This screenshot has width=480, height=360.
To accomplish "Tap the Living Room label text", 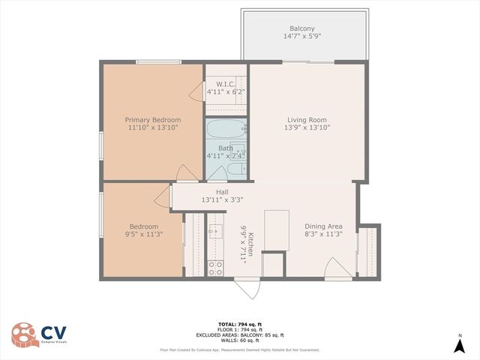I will coord(307,119).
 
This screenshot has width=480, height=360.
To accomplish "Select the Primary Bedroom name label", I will coord(152,119).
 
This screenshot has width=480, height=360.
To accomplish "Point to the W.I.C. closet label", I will coord(226,83).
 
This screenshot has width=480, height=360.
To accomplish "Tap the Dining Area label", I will coord(323,226).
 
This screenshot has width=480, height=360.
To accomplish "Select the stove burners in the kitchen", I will coord(214,266).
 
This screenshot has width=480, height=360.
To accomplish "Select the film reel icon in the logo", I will coord(22,334).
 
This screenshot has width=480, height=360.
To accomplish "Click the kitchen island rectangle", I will coord(276,230).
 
